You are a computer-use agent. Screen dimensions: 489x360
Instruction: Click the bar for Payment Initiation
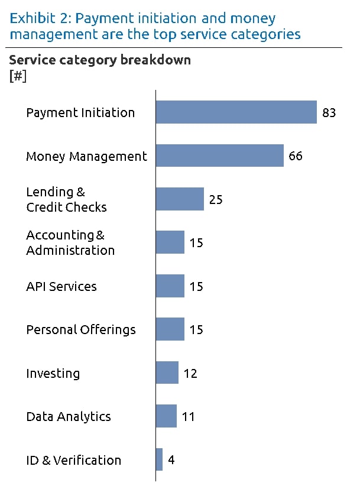click(236, 112)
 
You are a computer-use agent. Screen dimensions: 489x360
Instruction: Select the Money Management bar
click(220, 156)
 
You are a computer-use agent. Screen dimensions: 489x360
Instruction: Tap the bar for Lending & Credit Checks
click(180, 199)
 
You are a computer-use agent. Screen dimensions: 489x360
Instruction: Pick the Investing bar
click(167, 373)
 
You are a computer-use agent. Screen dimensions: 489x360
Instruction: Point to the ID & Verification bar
click(159, 459)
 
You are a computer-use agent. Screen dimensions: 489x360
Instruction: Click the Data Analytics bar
click(166, 416)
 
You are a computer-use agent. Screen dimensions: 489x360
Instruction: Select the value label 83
click(329, 112)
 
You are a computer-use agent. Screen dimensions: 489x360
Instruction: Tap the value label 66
click(296, 156)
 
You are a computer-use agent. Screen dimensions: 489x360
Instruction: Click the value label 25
click(216, 199)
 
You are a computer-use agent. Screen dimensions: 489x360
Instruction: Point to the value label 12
click(190, 373)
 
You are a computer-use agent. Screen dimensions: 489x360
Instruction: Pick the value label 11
click(188, 416)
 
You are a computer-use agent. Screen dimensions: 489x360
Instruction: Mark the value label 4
click(171, 459)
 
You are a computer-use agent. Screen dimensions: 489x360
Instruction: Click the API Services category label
click(61, 287)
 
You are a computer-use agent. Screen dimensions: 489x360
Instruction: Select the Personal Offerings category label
click(81, 330)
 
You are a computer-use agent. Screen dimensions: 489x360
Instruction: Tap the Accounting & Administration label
click(70, 243)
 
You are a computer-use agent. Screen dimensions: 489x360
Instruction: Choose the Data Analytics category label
click(69, 416)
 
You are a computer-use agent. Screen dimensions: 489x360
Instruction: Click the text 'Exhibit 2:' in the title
click(39, 19)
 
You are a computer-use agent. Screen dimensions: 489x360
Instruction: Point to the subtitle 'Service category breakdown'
click(100, 61)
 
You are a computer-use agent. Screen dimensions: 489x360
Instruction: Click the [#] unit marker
click(18, 76)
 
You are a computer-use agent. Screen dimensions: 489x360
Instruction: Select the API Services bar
click(170, 286)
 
